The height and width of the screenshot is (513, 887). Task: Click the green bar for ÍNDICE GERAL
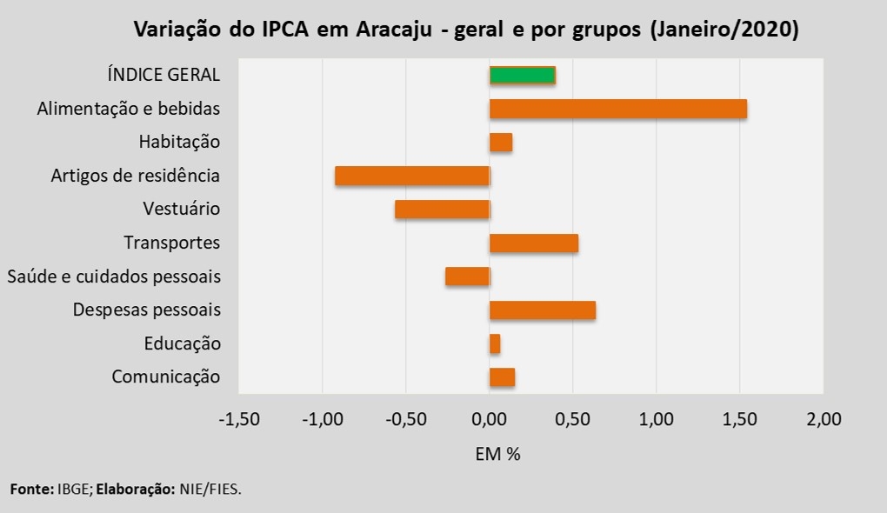tap(522, 75)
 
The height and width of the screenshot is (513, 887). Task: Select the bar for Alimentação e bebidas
tap(617, 109)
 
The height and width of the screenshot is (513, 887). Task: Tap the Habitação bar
tap(500, 143)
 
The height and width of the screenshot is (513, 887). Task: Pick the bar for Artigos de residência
tap(412, 176)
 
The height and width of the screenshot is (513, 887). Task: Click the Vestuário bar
tap(442, 210)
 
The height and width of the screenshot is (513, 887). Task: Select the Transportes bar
tap(533, 243)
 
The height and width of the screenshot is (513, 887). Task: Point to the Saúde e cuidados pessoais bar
tap(467, 276)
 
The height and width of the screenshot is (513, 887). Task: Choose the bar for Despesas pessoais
tap(542, 310)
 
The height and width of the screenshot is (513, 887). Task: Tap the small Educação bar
tap(494, 344)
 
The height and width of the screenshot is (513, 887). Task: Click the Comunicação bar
tap(502, 377)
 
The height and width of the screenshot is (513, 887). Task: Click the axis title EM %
tap(497, 454)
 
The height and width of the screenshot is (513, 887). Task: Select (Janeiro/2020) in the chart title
tap(724, 30)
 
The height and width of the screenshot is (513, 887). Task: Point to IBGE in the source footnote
tap(72, 490)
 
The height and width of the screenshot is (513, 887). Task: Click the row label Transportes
tap(171, 243)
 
